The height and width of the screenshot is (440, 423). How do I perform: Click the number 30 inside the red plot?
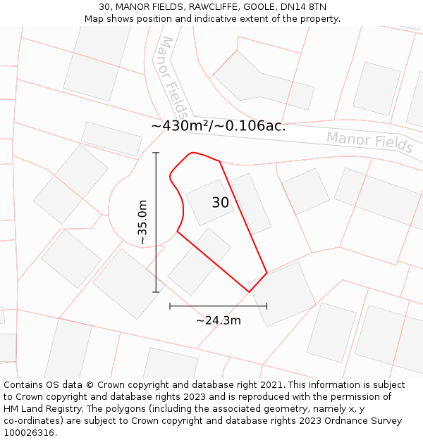[220, 203]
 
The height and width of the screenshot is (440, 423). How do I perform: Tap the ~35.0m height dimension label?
[142, 222]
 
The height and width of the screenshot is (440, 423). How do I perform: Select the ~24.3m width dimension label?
[218, 320]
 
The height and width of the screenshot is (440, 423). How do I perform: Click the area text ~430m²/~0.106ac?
[219, 126]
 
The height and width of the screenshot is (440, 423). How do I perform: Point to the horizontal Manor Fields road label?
[369, 141]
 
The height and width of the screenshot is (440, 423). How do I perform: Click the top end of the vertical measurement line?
[156, 152]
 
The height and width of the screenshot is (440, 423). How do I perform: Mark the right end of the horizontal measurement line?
[266, 306]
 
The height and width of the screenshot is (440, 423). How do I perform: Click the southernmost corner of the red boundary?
[249, 291]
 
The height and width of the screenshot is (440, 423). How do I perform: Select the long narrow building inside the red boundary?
[251, 203]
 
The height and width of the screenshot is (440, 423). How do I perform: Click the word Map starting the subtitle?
[94, 19]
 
